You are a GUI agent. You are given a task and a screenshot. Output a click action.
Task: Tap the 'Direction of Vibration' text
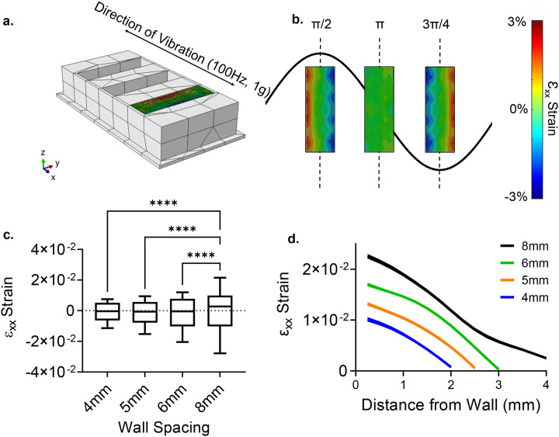tap(186, 47)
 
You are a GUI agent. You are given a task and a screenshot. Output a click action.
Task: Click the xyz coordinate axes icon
tap(47, 166)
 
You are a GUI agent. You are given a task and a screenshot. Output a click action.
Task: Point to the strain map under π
tap(379, 109)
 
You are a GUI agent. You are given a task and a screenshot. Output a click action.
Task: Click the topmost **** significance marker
tap(164, 205)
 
